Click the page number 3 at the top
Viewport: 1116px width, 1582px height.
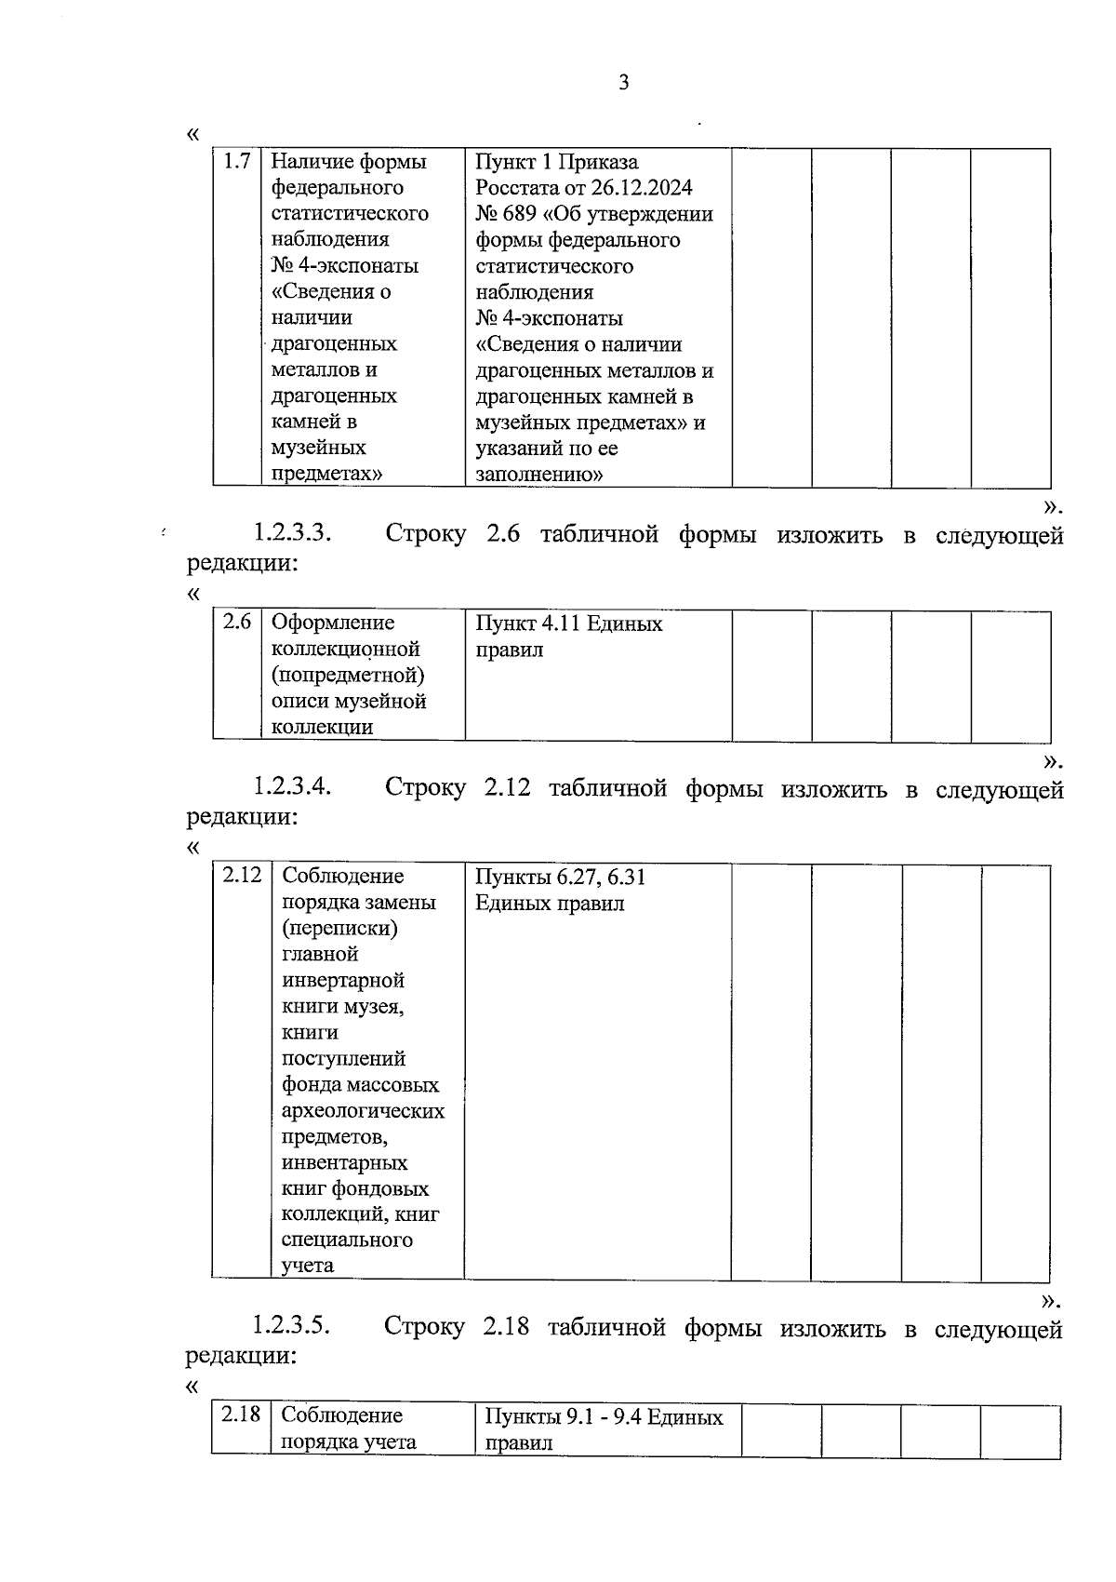click(x=623, y=84)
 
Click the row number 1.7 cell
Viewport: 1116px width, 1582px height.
click(x=237, y=162)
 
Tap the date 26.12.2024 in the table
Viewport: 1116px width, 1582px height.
click(x=641, y=188)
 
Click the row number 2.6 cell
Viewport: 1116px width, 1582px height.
click(x=237, y=622)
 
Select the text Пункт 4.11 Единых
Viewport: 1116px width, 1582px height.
click(x=568, y=623)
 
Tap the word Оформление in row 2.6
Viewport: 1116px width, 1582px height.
click(x=332, y=623)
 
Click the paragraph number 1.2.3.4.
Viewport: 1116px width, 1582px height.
click(x=292, y=787)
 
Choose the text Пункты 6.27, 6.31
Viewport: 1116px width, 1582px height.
click(x=560, y=877)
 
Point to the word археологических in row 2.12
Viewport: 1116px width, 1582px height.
click(x=363, y=1111)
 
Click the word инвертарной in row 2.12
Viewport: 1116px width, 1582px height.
click(x=342, y=981)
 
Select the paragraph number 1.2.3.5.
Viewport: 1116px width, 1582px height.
click(x=292, y=1325)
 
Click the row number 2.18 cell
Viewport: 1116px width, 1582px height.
click(x=240, y=1414)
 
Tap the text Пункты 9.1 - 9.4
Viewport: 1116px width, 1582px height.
click(x=562, y=1417)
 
